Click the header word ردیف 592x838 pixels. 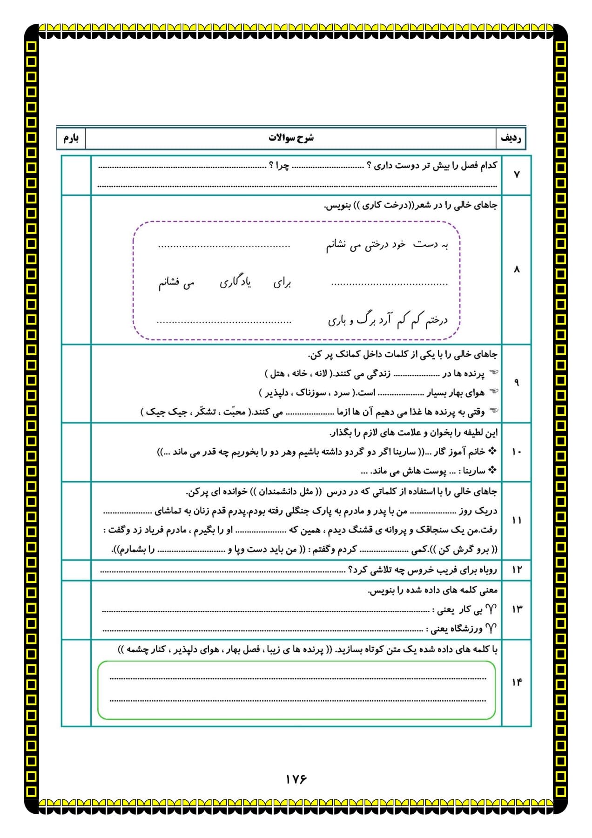click(511, 138)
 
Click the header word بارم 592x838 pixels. click(71, 138)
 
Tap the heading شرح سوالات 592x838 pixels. click(291, 138)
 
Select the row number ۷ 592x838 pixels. click(516, 175)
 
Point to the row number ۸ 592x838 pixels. click(516, 270)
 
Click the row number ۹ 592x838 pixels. click(516, 383)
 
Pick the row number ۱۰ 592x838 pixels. click(517, 452)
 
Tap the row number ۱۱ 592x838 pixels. click(517, 520)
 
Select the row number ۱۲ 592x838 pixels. click(517, 570)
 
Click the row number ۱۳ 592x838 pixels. click(517, 609)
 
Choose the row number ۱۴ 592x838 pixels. click(517, 683)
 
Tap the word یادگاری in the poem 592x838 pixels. click(235, 282)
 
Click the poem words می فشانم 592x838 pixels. click(176, 283)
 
